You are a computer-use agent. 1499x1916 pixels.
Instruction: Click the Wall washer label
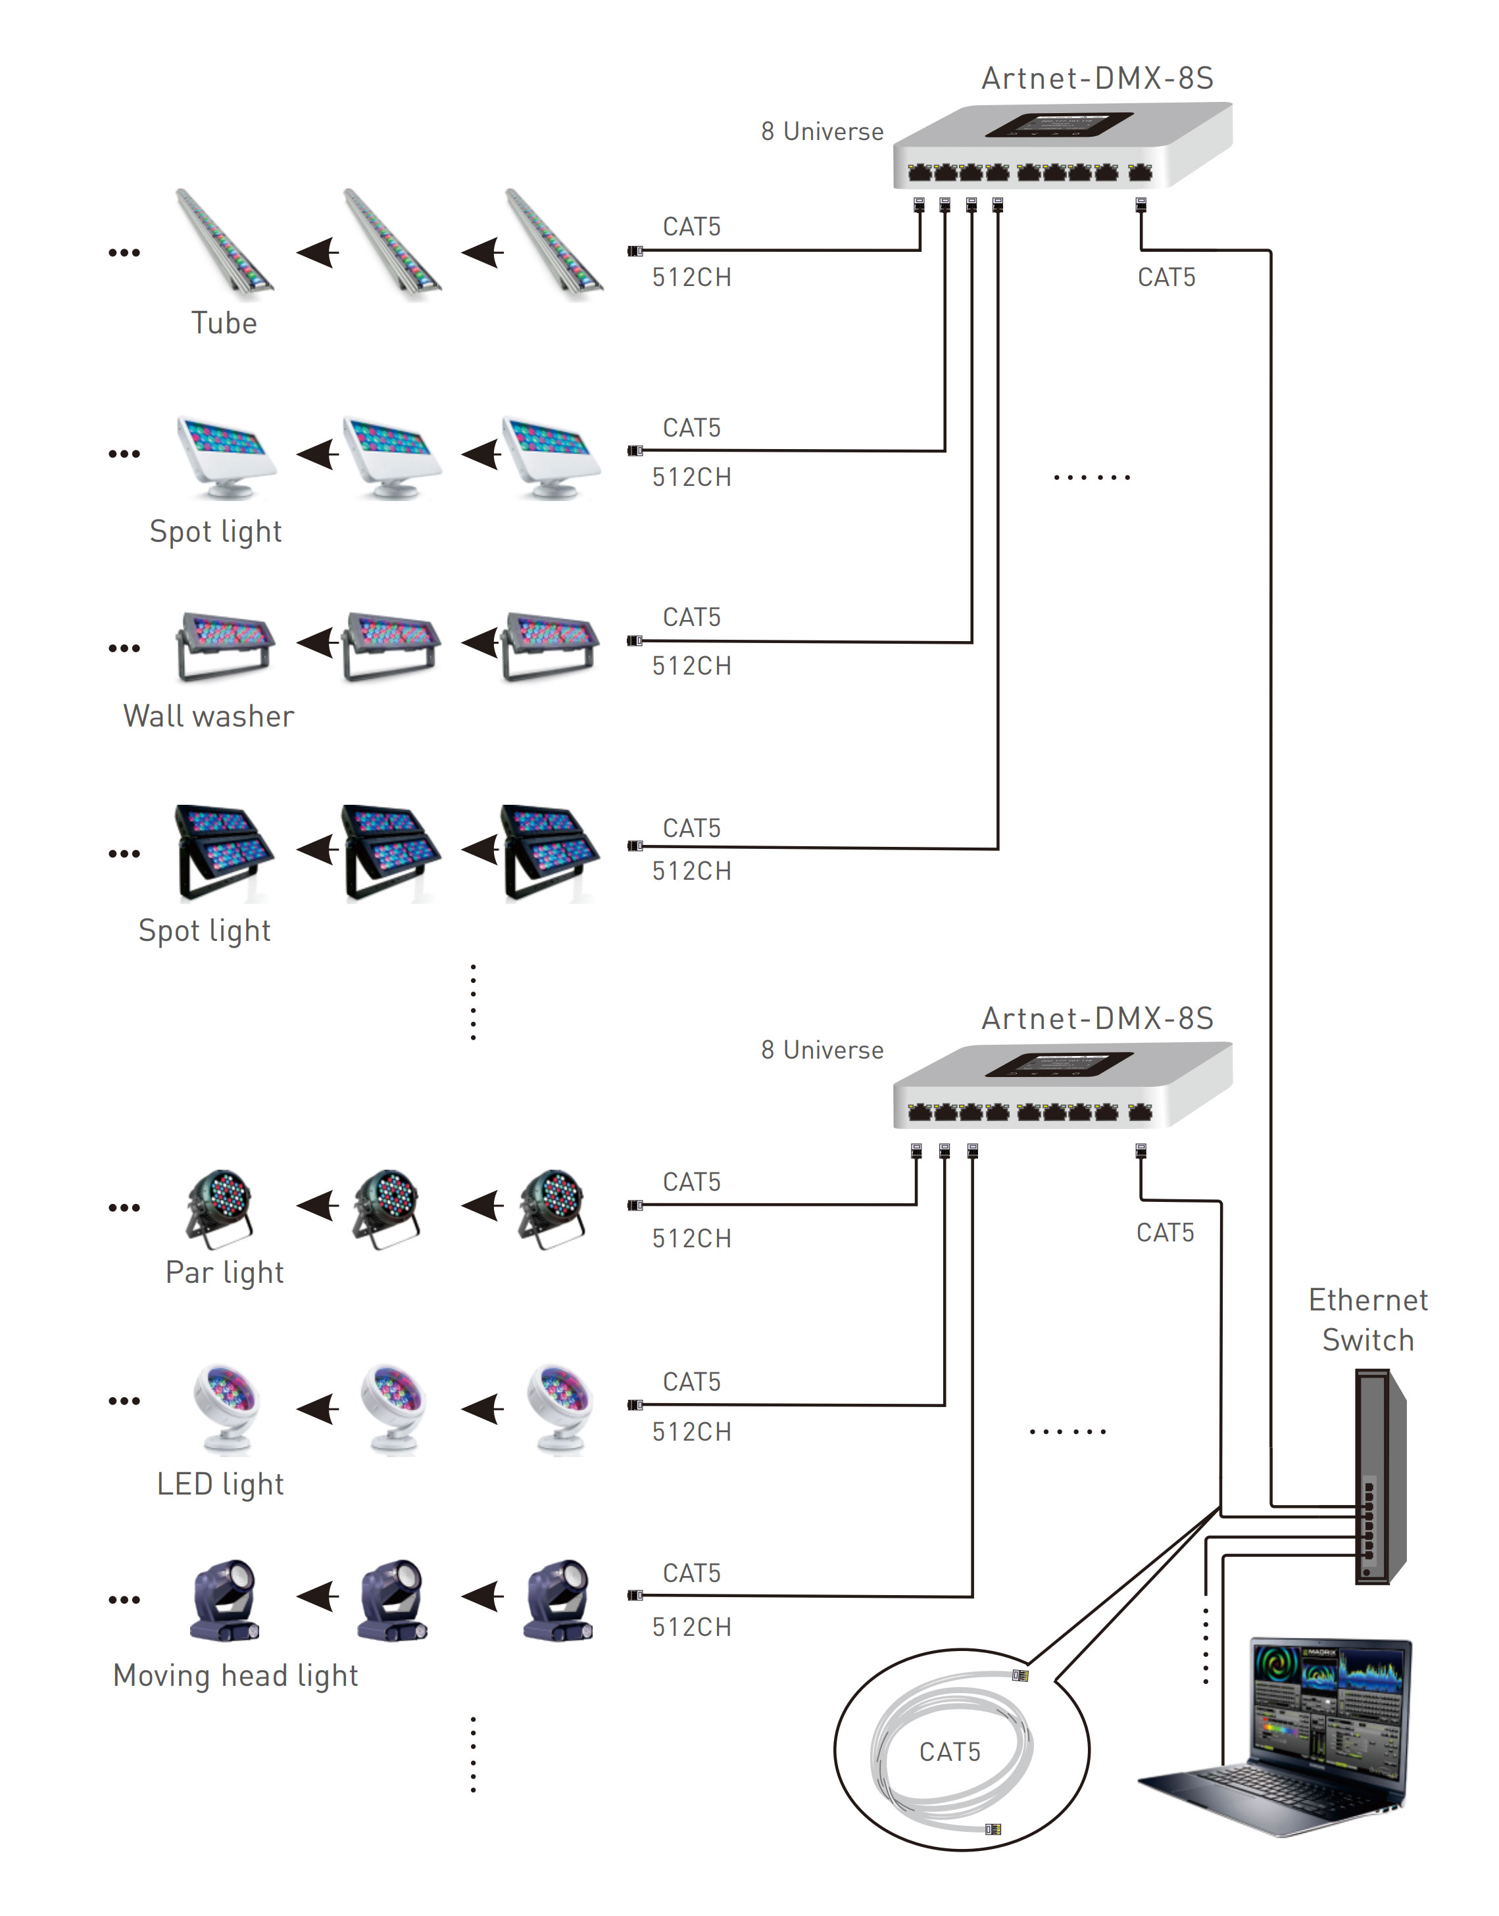[209, 716]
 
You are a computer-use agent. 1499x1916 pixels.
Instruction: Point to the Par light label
[225, 1272]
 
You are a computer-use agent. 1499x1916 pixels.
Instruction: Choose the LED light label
[220, 1483]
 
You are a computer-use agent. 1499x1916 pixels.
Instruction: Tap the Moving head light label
[235, 1675]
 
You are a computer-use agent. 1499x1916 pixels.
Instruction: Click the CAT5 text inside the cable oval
[950, 1751]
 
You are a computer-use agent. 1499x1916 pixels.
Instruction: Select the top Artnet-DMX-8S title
[1097, 79]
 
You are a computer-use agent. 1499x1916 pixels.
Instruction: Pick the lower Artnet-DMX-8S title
[1097, 1018]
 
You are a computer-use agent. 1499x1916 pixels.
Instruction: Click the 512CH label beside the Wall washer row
[691, 666]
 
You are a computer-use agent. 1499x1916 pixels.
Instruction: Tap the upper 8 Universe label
[822, 132]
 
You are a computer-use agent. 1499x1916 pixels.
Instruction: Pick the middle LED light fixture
[392, 1407]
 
